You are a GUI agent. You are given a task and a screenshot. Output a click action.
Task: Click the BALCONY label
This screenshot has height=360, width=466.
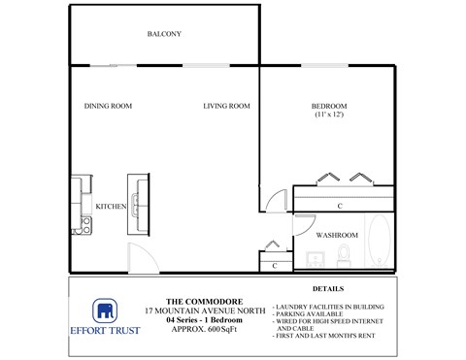(164, 34)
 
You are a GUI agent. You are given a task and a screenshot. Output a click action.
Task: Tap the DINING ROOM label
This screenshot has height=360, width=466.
(108, 106)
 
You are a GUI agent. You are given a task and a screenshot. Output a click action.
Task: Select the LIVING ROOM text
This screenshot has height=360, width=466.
(227, 106)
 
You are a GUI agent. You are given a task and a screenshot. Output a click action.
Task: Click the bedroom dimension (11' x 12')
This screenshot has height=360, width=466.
(329, 115)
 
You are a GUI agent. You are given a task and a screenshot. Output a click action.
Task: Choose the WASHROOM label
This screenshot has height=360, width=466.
(338, 235)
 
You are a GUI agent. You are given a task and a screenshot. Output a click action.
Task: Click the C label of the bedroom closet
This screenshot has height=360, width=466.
(339, 206)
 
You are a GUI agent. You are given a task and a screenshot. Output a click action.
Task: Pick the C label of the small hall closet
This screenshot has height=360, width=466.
(276, 265)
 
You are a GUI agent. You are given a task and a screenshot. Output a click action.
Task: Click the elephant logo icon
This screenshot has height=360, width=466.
(104, 311)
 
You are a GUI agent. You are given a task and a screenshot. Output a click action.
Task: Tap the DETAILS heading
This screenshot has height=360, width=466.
(328, 289)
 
